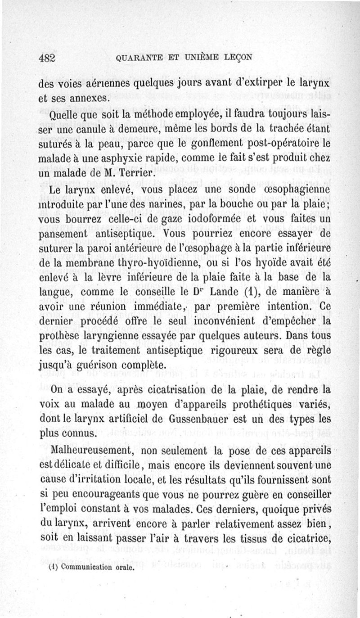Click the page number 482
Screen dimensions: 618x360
coord(47,57)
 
